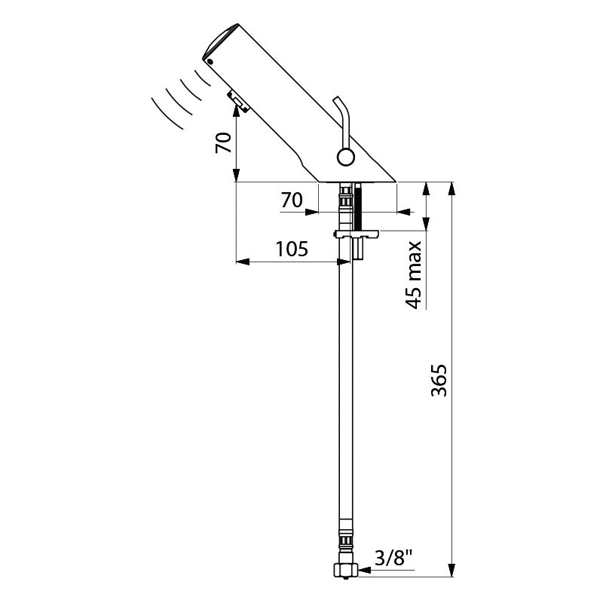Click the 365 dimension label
(439, 380)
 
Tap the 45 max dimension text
(414, 275)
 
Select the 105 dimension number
(292, 249)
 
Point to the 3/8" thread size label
(393, 558)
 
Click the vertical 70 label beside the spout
(223, 142)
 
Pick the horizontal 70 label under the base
(292, 200)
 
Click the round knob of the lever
(345, 158)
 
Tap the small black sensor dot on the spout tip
(210, 62)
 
